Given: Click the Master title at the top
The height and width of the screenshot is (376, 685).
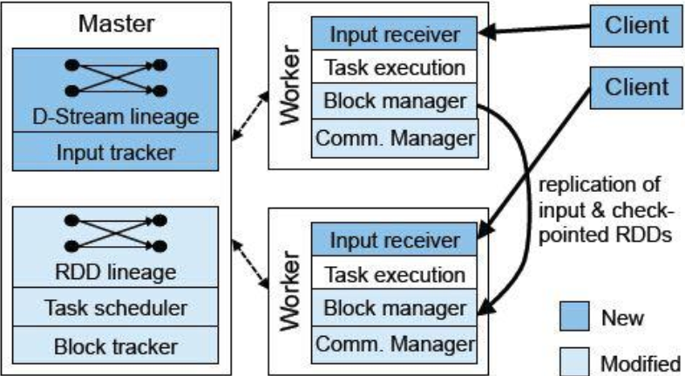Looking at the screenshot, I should (x=117, y=23).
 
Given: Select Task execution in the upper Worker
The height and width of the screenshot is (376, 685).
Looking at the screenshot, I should (x=394, y=67).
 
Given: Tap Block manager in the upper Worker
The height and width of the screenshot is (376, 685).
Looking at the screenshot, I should (x=394, y=101).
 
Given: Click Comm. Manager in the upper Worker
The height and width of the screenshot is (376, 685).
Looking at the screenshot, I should (x=394, y=136).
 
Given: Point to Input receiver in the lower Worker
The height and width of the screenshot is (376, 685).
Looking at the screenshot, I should (x=394, y=240).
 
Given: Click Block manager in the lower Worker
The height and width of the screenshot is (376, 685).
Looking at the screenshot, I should (x=394, y=308).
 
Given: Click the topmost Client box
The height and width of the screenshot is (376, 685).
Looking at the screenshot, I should (x=636, y=24).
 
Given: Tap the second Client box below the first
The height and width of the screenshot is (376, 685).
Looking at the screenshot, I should (x=636, y=87).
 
